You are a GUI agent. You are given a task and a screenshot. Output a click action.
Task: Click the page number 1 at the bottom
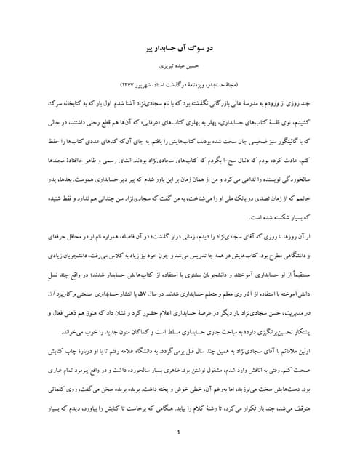pos(179,434)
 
